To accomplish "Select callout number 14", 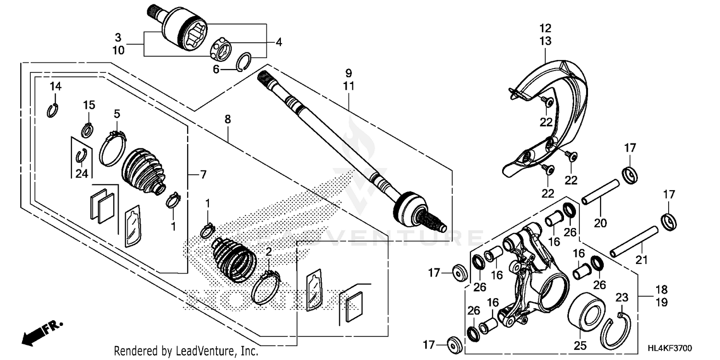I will (x=56, y=86).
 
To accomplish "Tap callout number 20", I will (x=600, y=223).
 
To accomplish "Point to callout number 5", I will (x=117, y=113).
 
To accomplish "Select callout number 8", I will (x=228, y=118).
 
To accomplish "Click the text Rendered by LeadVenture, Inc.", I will (x=186, y=351).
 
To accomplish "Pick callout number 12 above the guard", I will (x=545, y=28).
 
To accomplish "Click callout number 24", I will (x=82, y=173).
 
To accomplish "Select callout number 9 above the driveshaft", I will (x=348, y=73).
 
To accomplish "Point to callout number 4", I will (x=279, y=42).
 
